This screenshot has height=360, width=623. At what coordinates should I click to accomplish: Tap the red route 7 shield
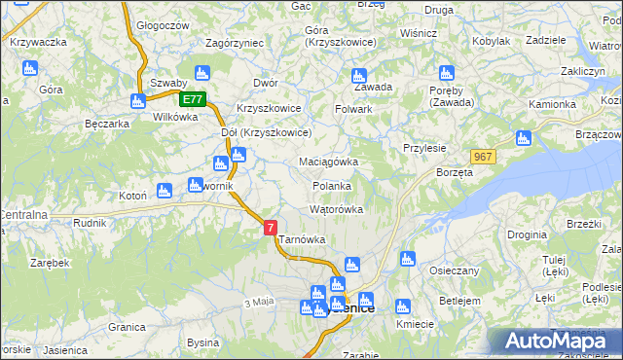coord(271,227)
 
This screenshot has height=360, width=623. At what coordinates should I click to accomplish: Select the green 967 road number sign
coord(482,157)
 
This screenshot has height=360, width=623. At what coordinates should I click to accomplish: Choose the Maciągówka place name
coord(329,162)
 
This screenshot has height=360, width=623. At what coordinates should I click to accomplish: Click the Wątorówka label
coord(336,209)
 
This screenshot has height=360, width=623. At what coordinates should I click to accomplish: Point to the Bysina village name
coord(203,342)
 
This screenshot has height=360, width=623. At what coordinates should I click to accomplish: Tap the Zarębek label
coord(49,263)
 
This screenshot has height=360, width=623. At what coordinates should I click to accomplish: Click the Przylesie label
coord(424,148)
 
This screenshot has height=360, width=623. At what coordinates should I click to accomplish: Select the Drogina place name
coord(526,235)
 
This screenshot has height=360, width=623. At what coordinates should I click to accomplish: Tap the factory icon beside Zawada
coord(358,74)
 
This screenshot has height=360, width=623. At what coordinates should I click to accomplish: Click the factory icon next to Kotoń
coord(165,190)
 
